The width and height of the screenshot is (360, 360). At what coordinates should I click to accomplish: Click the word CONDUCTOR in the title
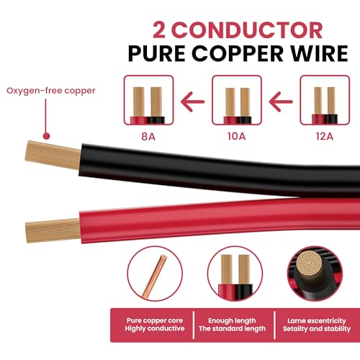tap(248, 30)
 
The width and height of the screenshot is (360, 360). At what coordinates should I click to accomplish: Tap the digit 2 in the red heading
tap(159, 30)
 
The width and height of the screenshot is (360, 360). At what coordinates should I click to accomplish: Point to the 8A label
tap(148, 136)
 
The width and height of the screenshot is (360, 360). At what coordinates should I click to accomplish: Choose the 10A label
tap(237, 136)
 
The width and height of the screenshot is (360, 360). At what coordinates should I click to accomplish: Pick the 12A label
tap(325, 136)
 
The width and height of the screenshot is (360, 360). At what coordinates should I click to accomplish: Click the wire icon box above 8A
tap(148, 100)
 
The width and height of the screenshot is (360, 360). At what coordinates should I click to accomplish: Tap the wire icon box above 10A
tap(237, 100)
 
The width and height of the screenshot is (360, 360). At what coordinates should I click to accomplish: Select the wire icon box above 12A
tap(325, 100)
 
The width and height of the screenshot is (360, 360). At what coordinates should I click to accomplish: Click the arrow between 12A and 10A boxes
tap(281, 102)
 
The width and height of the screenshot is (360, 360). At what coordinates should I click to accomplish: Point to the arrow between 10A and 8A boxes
tap(192, 102)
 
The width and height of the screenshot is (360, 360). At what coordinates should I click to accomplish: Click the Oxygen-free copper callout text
tap(51, 91)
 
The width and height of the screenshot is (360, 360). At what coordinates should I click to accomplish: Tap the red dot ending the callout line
tap(46, 136)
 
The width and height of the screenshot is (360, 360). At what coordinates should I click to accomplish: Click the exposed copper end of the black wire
tap(53, 155)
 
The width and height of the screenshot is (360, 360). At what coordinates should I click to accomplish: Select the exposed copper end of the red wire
tap(53, 231)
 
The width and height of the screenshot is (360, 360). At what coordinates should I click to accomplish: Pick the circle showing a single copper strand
tap(155, 274)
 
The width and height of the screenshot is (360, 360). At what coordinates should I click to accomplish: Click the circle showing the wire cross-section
tap(315, 274)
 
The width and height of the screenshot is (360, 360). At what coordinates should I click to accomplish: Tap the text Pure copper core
tap(155, 320)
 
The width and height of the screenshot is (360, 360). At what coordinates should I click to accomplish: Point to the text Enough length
tap(232, 320)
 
